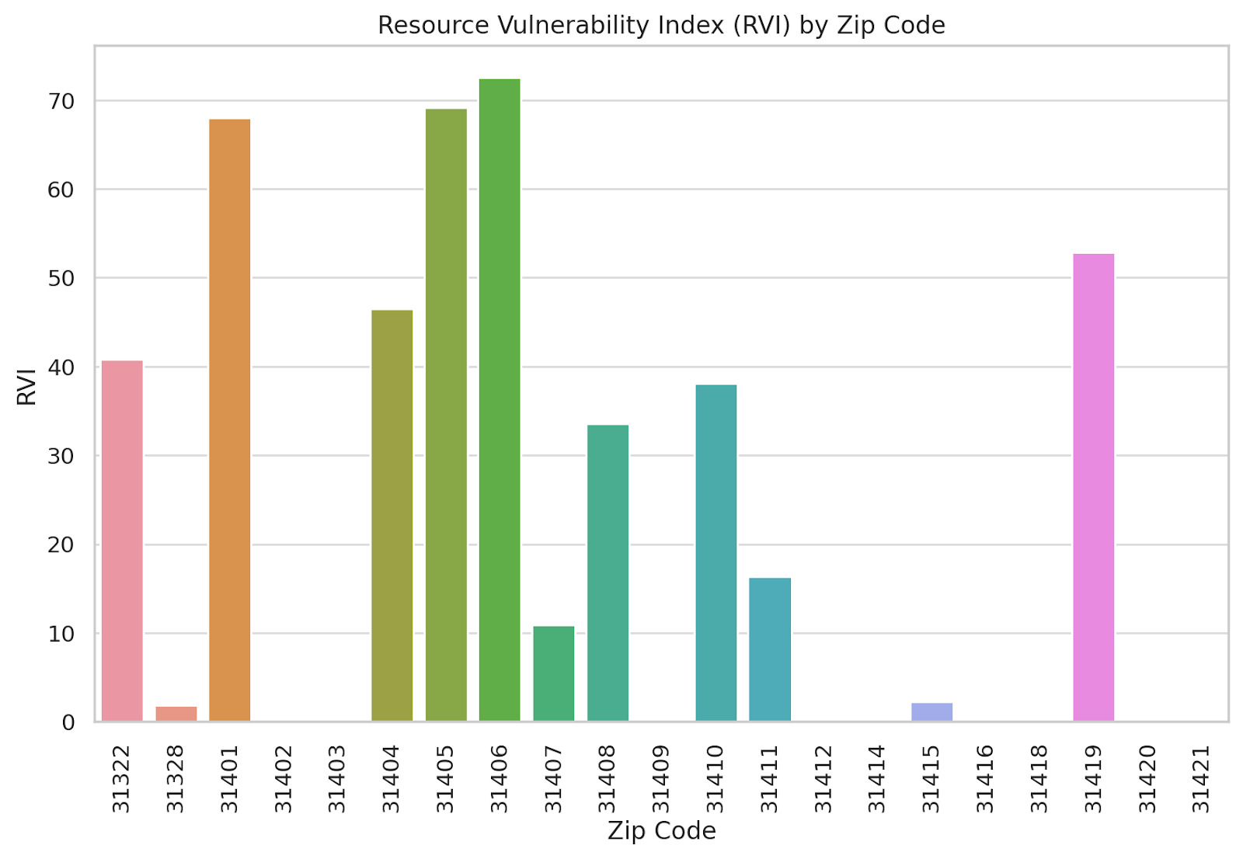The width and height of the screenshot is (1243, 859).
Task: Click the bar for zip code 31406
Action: (x=500, y=400)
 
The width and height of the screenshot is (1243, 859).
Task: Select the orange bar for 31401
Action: (x=230, y=420)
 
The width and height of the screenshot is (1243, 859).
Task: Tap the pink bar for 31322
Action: (x=122, y=541)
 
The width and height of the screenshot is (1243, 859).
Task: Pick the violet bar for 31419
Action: (x=1093, y=487)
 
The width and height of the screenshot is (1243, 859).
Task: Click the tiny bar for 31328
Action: (x=176, y=714)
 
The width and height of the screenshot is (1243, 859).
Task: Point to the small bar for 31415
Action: (x=931, y=711)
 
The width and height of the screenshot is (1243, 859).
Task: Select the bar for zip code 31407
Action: (x=553, y=673)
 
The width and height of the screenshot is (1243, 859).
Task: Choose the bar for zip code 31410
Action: (x=716, y=552)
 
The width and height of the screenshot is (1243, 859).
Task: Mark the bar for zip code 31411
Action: (x=770, y=649)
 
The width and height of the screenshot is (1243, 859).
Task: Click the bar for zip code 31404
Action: (x=392, y=515)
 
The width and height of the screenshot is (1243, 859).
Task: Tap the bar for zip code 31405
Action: (x=446, y=415)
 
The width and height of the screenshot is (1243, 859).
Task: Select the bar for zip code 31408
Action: (x=608, y=572)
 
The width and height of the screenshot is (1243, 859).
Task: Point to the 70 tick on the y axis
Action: (x=61, y=101)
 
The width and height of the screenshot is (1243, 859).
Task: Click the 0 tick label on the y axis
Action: (x=68, y=722)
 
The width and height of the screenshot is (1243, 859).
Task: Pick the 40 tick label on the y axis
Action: (x=61, y=367)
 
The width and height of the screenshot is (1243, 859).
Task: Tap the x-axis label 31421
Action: (x=1201, y=778)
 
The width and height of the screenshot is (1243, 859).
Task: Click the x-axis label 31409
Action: (x=661, y=778)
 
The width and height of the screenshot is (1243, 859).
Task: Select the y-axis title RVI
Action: (x=26, y=386)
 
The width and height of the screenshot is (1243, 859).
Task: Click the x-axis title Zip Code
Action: (x=661, y=830)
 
